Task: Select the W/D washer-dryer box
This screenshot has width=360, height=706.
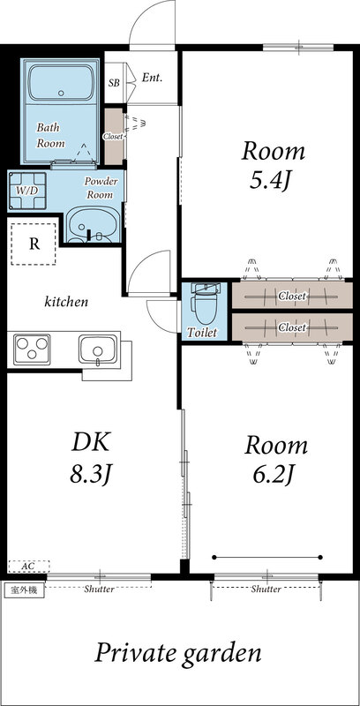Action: click(27, 191)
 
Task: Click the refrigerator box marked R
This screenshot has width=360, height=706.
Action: click(34, 244)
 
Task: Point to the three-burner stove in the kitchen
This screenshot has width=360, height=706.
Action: click(32, 349)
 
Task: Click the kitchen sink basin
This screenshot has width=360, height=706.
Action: click(98, 349)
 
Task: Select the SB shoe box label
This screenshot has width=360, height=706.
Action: click(115, 83)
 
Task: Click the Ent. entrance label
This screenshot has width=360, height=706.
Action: click(152, 78)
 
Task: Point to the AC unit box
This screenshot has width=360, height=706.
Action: click(29, 566)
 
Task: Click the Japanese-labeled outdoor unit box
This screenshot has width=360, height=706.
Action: click(25, 590)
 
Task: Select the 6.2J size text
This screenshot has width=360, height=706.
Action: click(274, 474)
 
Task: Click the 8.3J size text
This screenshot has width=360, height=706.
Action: click(91, 474)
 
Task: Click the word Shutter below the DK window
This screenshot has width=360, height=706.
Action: click(99, 589)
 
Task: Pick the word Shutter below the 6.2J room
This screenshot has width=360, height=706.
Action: click(266, 589)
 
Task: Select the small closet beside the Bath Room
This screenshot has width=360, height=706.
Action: click(114, 136)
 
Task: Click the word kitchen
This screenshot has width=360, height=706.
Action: click(66, 302)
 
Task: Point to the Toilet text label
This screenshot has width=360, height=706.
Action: click(202, 333)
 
